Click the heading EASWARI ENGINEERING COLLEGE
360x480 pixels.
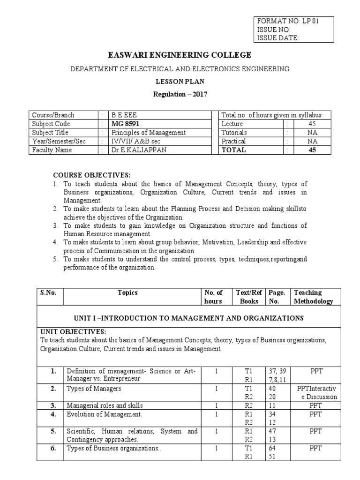coord(180,55)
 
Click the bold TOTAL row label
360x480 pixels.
coord(233,150)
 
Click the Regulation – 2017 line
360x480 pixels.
coord(180,94)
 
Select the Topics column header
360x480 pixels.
coord(128,292)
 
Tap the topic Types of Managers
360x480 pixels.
coord(94,389)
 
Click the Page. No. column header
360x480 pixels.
coord(276,297)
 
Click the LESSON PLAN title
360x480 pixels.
coord(180,81)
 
